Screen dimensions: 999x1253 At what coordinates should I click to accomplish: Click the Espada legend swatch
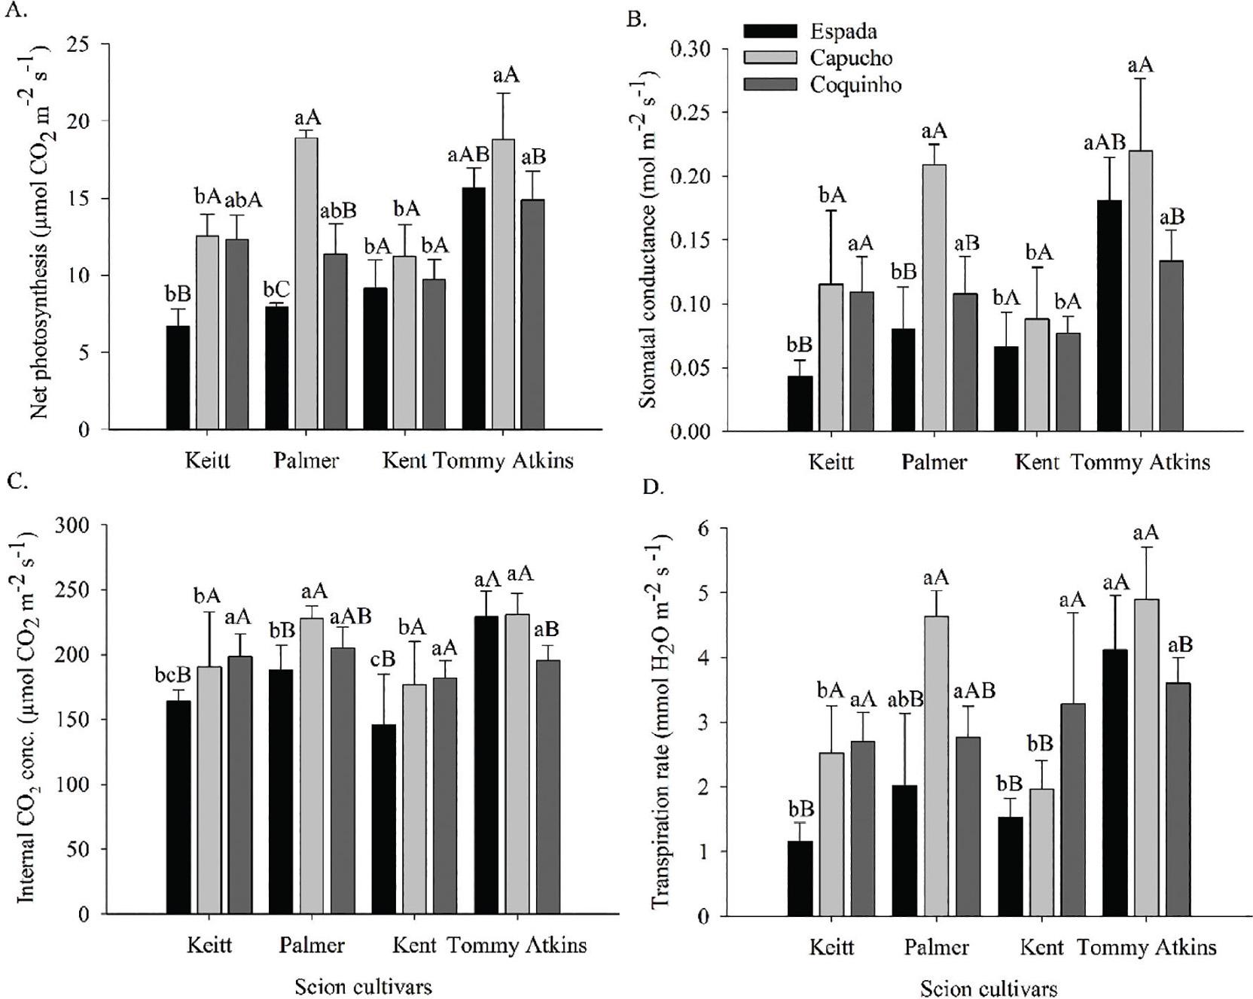[770, 31]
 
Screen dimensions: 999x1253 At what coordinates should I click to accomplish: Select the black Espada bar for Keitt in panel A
[178, 377]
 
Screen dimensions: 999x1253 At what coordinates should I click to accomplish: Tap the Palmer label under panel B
[934, 461]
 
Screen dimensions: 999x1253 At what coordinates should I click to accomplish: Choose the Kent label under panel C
[414, 945]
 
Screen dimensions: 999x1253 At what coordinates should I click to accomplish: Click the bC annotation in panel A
[276, 289]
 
